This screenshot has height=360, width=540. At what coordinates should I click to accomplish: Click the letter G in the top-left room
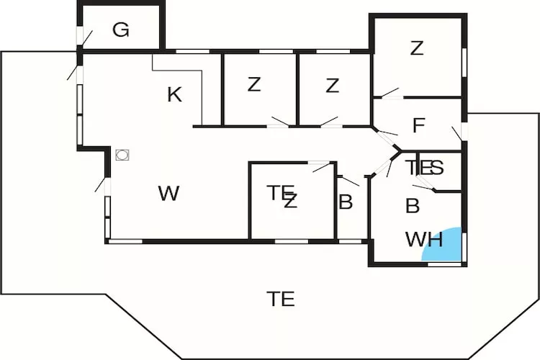(121, 30)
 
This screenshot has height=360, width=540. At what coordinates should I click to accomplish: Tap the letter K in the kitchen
(174, 94)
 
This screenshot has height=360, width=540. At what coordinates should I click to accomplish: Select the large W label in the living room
(168, 193)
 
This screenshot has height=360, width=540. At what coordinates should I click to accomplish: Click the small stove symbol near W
(122, 155)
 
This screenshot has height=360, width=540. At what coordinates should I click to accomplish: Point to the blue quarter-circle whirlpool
(444, 245)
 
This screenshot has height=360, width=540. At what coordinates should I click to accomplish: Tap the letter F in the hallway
(418, 125)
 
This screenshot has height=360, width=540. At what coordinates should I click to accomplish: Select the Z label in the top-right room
(416, 48)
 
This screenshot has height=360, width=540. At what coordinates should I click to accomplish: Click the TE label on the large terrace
(281, 299)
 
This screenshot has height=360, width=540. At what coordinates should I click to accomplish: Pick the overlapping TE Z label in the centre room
(282, 196)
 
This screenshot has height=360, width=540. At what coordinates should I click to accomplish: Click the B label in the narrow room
(346, 202)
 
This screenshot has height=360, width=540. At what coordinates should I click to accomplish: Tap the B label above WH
(412, 206)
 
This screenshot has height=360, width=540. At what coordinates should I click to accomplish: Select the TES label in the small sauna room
(424, 168)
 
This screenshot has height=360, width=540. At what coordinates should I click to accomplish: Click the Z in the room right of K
(253, 84)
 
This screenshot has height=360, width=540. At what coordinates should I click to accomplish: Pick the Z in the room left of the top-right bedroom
(332, 86)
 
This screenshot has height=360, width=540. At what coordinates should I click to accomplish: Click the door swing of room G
(86, 37)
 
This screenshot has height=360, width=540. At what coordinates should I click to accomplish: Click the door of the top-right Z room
(390, 93)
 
